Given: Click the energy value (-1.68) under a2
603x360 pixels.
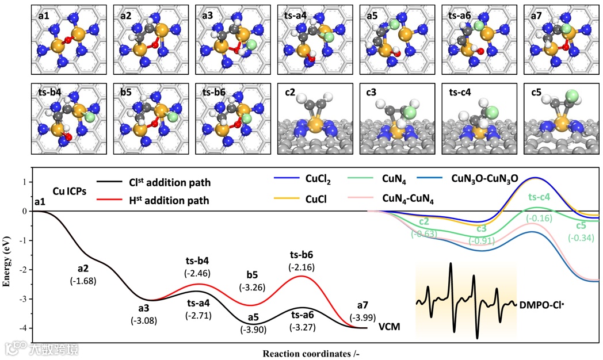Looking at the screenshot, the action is click(83, 281).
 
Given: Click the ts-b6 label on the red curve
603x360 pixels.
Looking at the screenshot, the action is click(302, 255).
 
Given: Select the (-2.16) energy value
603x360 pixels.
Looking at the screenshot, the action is click(302, 267).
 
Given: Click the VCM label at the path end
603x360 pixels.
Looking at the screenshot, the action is click(389, 327).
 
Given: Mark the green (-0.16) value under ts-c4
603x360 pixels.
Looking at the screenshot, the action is click(539, 218).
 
